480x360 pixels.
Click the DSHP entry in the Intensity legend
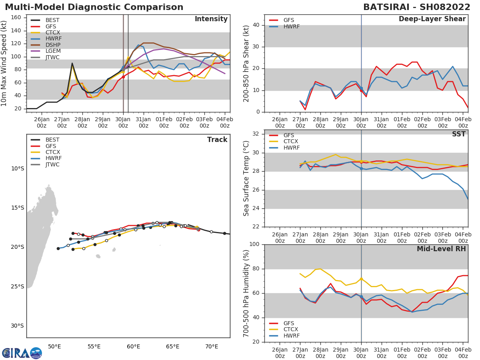[x=52, y=45]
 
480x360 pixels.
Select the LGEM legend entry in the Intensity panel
[x=52, y=51]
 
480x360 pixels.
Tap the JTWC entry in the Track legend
[x=52, y=165]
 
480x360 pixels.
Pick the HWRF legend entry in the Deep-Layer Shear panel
[x=291, y=26]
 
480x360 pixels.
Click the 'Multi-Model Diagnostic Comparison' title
[x=94, y=7]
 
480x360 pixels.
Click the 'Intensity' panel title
[x=211, y=19]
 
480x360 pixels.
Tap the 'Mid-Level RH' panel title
[x=441, y=249]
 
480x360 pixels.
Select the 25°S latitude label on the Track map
[x=18, y=286]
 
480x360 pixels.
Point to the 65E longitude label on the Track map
[x=172, y=346]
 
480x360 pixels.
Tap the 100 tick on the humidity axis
[x=253, y=244]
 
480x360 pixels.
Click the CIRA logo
[x=22, y=353]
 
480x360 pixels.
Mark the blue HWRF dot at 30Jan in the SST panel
[x=361, y=168]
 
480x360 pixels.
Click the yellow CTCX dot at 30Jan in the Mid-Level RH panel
[x=361, y=279]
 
